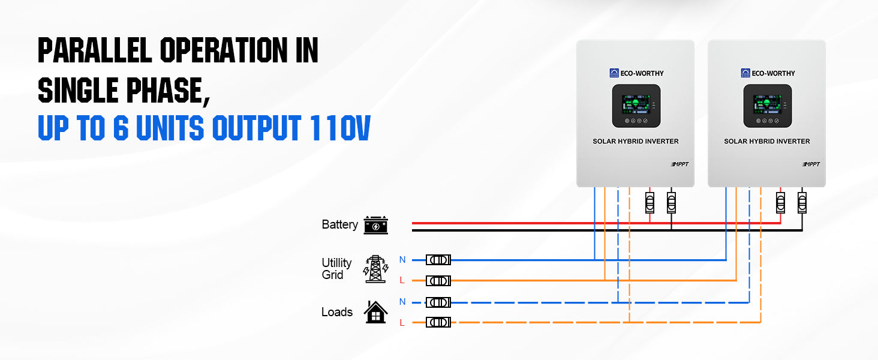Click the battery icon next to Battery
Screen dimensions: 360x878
pos(376,225)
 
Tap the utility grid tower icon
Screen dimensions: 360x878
pos(375,269)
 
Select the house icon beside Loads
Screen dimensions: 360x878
pos(375,312)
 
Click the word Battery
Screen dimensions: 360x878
pos(339,225)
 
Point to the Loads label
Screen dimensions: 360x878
pos(337,312)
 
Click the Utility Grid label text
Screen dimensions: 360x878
pos(336,269)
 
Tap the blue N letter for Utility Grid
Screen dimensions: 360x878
pos(402,260)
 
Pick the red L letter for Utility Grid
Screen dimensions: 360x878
pos(402,280)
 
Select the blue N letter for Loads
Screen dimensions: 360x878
pos(402,302)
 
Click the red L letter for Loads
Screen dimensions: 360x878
pos(402,323)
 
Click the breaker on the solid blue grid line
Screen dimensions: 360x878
pos(438,260)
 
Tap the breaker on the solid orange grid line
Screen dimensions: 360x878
pos(438,281)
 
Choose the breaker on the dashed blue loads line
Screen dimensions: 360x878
pos(438,302)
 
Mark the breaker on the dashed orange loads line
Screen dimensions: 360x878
pos(438,323)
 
